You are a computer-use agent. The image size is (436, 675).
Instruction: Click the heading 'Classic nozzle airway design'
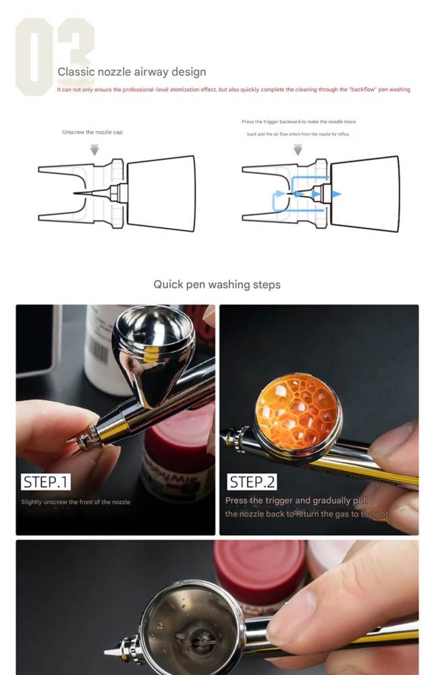tap(132, 72)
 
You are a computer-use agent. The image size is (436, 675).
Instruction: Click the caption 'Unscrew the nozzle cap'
tap(92, 132)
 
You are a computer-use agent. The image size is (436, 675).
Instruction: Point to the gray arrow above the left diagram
tap(94, 149)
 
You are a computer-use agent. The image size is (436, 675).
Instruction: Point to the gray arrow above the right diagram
tap(298, 149)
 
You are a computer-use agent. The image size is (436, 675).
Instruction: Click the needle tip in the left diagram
tap(76, 193)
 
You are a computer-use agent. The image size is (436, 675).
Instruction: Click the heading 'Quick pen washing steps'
tap(217, 284)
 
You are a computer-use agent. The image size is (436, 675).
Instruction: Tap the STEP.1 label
tap(46, 482)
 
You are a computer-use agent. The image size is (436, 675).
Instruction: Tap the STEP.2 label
tap(252, 482)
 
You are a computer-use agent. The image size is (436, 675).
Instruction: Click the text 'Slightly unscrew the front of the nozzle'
tap(76, 502)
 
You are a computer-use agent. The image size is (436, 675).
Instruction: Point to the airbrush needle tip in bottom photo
tap(108, 653)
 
